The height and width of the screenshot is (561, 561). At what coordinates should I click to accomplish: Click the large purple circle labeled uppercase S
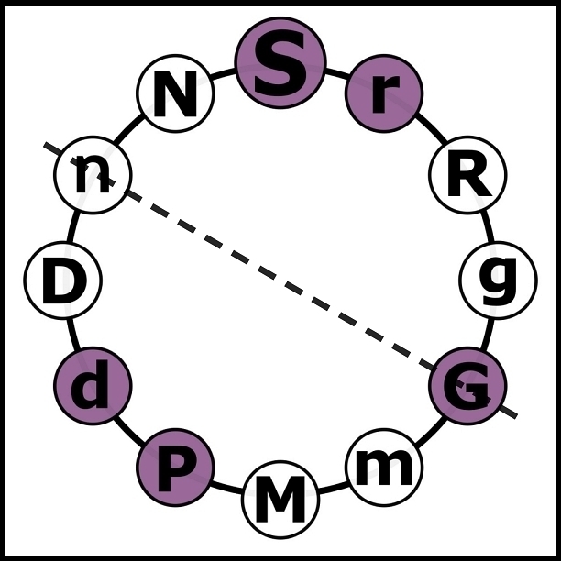click(280, 63)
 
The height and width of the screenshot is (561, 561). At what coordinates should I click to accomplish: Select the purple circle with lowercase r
click(384, 93)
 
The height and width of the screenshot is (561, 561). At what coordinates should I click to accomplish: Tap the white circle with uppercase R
click(467, 175)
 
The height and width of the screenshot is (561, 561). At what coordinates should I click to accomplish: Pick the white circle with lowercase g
click(498, 280)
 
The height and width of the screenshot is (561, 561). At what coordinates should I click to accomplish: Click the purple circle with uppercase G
click(467, 385)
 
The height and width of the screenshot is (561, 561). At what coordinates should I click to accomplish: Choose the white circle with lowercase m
click(384, 467)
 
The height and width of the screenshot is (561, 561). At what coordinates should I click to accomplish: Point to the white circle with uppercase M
click(280, 499)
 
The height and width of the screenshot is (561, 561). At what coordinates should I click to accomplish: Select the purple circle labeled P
click(175, 467)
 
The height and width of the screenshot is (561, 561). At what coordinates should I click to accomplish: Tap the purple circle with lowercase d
click(93, 385)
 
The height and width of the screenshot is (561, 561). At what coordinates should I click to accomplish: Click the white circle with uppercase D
click(62, 280)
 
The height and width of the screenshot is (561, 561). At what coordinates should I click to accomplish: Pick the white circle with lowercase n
click(93, 175)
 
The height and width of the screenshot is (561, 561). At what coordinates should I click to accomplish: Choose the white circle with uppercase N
click(175, 93)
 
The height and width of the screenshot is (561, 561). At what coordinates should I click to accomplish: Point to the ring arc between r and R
click(430, 129)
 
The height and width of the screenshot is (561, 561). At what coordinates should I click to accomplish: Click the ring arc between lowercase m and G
click(430, 431)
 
